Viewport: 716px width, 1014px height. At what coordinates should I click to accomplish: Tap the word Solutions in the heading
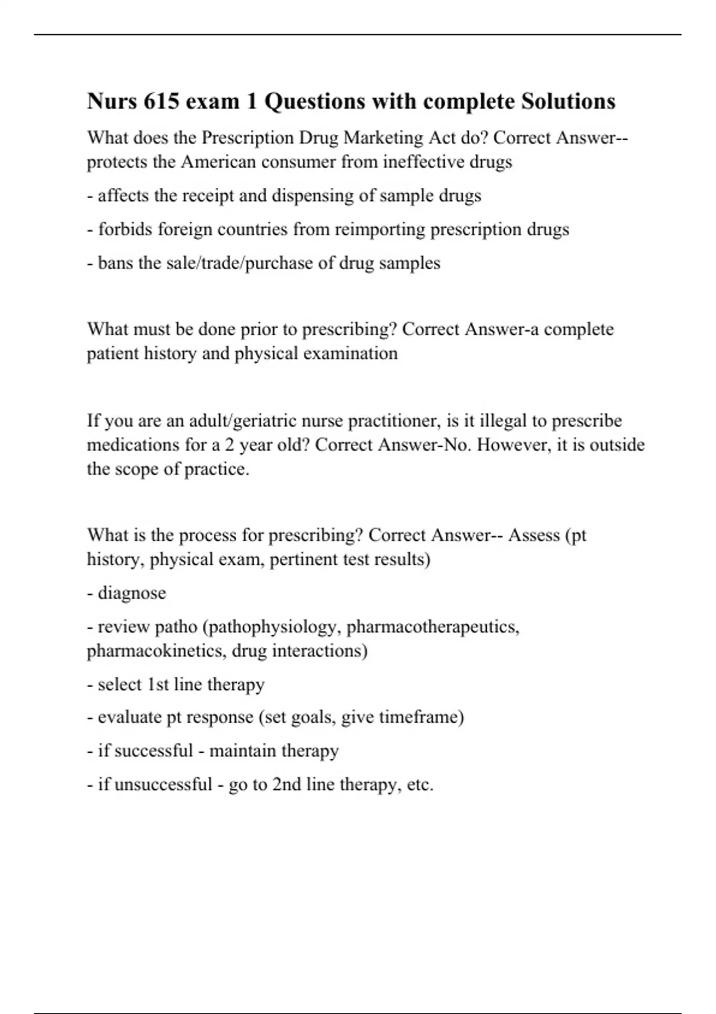click(568, 101)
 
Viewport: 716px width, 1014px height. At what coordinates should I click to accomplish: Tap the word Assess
click(534, 535)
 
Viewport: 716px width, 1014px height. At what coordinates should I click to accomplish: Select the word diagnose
click(132, 593)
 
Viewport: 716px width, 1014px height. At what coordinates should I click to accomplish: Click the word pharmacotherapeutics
click(433, 627)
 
